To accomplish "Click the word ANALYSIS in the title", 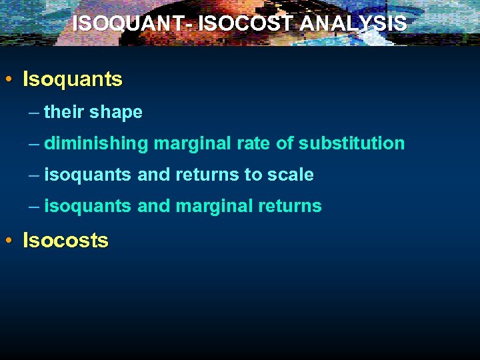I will coord(353,23).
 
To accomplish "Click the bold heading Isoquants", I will coord(73,79).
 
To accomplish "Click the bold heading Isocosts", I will coord(65,240).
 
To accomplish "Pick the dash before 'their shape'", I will coord(34,112).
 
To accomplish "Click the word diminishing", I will coord(97,143).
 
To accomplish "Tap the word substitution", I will coord(351,143).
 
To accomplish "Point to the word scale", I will coord(291,175).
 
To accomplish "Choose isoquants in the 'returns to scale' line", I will coord(88,175).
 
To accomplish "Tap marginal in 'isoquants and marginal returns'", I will coord(214,206).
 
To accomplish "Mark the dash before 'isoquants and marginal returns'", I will coord(34,206).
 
